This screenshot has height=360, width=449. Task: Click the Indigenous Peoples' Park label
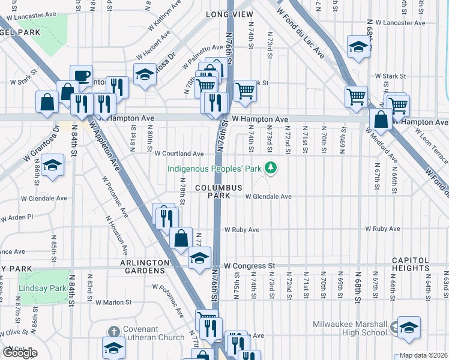[x=214, y=169]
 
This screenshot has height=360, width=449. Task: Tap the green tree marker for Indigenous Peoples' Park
[x=271, y=168]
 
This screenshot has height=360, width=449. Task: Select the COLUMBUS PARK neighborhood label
[x=218, y=191]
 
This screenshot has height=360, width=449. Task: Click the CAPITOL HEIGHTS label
[x=411, y=264]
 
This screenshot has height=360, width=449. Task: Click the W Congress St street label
[x=249, y=265]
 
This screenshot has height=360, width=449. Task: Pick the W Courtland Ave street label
[x=179, y=154]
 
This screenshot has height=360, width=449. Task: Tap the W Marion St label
[x=113, y=302]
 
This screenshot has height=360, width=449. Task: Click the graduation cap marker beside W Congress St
[x=200, y=259]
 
